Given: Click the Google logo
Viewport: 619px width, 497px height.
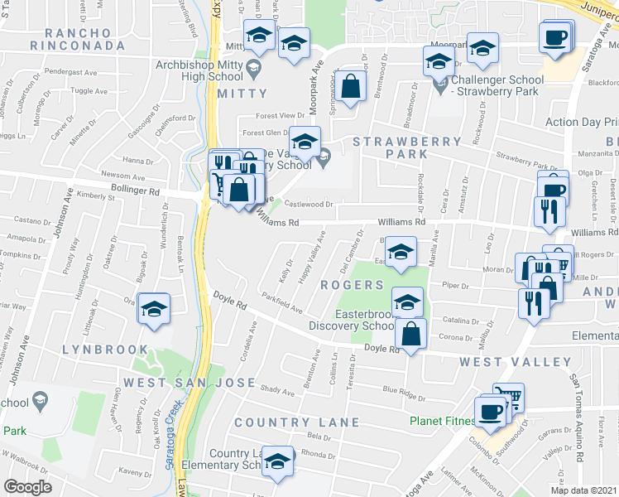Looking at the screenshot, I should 27,487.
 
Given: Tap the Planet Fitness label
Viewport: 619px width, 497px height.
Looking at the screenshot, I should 442,420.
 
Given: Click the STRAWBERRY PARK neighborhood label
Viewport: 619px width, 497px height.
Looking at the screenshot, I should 406,148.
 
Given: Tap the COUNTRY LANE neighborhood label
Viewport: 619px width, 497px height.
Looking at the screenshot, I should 296,422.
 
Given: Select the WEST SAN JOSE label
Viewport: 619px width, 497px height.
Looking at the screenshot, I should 190,383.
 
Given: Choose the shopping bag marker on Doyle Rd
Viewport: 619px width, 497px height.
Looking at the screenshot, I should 410,334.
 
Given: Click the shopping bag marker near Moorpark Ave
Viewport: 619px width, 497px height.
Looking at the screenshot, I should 351,87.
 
